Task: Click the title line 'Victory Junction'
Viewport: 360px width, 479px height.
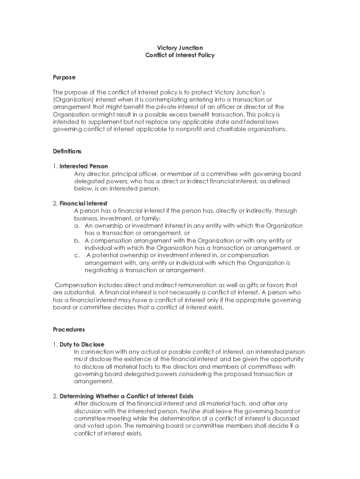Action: tap(180, 48)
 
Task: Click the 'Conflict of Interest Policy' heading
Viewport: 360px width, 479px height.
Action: tap(180, 55)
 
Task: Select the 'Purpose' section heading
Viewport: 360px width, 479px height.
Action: tap(64, 77)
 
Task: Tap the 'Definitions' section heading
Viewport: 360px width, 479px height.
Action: tap(67, 151)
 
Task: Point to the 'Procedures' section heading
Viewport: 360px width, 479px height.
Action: tap(69, 329)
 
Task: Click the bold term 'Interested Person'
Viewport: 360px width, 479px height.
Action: tap(84, 166)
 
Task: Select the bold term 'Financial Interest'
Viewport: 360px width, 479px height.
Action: tap(84, 203)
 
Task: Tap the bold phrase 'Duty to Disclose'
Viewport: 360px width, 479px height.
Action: tap(82, 344)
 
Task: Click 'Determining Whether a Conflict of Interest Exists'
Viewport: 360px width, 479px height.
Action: tap(126, 396)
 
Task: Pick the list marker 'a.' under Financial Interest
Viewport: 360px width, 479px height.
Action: tap(77, 225)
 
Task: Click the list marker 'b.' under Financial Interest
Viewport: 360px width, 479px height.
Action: tap(77, 240)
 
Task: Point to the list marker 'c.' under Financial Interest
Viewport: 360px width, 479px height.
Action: tap(77, 255)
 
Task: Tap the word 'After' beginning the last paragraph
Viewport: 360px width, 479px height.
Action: tap(82, 404)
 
